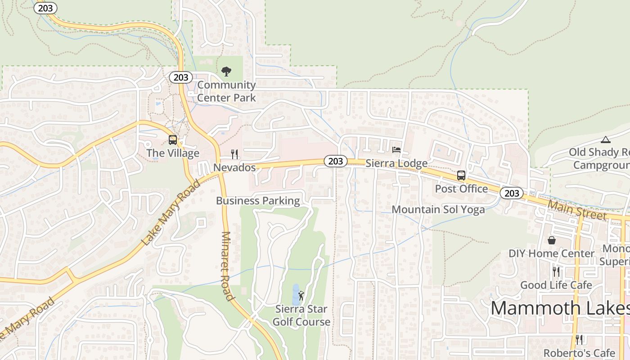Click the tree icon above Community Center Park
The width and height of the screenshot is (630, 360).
(226, 71)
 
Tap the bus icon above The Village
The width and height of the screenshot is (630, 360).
(173, 139)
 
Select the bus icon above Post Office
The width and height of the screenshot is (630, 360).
(461, 175)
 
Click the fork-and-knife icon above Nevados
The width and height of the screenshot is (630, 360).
(234, 154)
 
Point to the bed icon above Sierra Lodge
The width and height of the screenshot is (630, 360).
(396, 149)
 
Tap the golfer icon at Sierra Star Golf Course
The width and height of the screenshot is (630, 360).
(301, 296)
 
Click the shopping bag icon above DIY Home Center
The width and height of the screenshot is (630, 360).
(552, 240)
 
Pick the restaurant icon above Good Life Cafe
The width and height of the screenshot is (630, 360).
(556, 271)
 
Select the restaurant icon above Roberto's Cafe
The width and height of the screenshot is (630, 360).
(579, 339)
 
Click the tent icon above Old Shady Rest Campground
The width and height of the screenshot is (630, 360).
(606, 139)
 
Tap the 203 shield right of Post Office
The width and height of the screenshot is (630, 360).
(512, 193)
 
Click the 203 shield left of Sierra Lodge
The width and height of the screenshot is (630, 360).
(335, 161)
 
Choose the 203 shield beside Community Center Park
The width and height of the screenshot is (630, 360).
(181, 77)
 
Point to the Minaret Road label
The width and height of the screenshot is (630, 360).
(227, 265)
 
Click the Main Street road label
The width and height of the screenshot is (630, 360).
(577, 210)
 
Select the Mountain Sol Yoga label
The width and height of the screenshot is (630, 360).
(438, 209)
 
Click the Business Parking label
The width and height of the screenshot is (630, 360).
(258, 201)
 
